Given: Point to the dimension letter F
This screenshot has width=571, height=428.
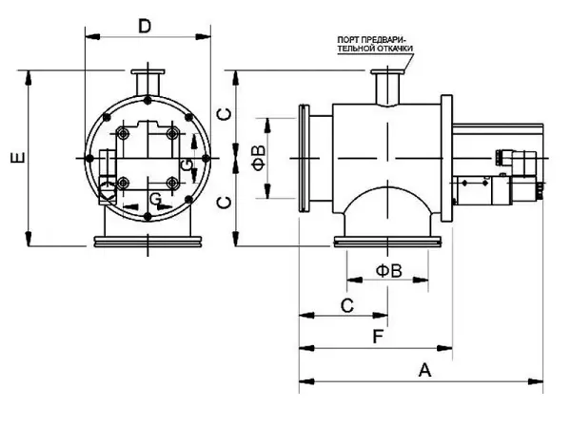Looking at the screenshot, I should click(x=377, y=336).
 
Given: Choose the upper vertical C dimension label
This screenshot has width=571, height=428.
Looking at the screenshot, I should click(x=221, y=113).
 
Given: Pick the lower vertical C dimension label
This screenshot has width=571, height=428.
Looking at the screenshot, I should click(x=221, y=201).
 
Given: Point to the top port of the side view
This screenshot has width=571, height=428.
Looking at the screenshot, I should click(x=385, y=85).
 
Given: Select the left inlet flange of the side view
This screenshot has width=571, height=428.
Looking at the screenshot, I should click(x=305, y=159).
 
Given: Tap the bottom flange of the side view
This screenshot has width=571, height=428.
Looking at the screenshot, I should click(x=387, y=243).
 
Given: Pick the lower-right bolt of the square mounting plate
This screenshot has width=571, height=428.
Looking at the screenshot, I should click(x=172, y=183).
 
